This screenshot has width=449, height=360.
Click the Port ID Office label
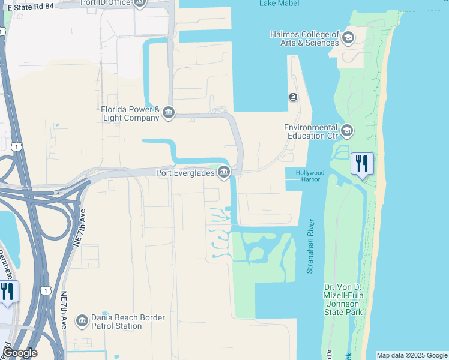coord(106,2)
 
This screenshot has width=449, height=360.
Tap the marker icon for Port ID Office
coord(140,3)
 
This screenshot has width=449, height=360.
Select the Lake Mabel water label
coord(276,3)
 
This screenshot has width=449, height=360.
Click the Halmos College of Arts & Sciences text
coord(304,38)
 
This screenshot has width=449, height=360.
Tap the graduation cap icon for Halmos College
coord(348,38)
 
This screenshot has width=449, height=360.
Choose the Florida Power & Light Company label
coord(130,113)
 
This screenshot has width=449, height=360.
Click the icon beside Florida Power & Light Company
coord(169,113)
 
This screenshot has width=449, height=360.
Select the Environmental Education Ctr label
coord(311,131)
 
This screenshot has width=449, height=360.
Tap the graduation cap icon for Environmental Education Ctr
coord(346,130)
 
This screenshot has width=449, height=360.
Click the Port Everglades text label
coord(185,173)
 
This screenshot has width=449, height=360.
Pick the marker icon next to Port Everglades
coord(224,173)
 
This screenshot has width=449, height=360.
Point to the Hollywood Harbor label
coord(310,176)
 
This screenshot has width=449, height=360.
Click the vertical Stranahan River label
coord(310,246)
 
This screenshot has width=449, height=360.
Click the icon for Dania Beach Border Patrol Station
coord(81,322)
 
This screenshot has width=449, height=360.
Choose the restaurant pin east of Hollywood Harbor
coord(362,163)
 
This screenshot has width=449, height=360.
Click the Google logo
coord(20,353)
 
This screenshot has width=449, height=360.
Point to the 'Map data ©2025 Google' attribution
coord(412,355)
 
